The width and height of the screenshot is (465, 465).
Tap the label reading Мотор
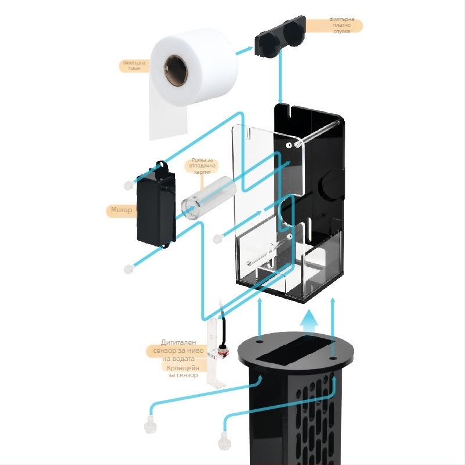coord(121,210)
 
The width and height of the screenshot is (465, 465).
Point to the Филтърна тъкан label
coord(133,65)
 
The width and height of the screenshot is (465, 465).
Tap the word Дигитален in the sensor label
coord(181,342)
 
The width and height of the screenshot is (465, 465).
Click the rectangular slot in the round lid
coord(297,350)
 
